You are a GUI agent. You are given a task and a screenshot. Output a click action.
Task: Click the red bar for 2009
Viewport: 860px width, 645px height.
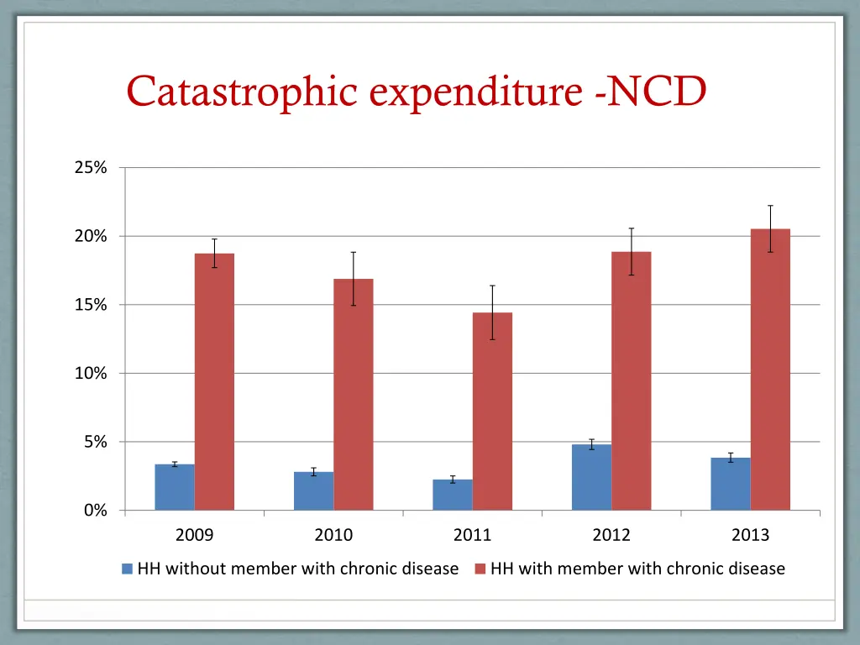pos(214,382)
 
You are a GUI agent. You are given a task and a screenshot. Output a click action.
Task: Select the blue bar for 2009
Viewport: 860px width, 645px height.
pos(175,487)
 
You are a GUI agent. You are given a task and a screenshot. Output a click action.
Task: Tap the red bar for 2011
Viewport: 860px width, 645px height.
pos(492,412)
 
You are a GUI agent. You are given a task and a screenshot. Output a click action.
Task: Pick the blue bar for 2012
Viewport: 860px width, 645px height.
pos(591,477)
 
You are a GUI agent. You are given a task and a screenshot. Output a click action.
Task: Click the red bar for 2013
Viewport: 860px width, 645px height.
pos(770,370)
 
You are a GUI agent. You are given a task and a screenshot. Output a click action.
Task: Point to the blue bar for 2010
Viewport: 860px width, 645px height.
pos(313,491)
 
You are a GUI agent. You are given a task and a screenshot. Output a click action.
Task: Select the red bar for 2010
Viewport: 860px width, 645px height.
pos(354,395)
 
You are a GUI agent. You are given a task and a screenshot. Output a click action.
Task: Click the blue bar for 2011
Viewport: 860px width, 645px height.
pos(453,495)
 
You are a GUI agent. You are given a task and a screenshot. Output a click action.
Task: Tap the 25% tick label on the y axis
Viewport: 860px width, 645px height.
pos(91,168)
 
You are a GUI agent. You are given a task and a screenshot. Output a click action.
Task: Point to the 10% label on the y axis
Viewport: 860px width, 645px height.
pos(91,374)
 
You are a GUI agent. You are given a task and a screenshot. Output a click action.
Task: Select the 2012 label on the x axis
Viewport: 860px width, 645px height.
pos(611,535)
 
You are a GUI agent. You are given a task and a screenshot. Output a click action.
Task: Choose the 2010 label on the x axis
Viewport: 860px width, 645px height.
pos(333,535)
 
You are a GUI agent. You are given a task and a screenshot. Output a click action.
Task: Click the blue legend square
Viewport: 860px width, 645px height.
pos(128,569)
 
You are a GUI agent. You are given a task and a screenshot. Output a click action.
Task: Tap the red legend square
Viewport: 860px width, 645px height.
pos(480,569)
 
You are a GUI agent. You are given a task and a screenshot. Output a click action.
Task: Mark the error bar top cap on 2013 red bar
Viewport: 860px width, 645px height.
pos(770,206)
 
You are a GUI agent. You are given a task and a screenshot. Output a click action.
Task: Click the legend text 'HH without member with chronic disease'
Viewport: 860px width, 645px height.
pos(298,569)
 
